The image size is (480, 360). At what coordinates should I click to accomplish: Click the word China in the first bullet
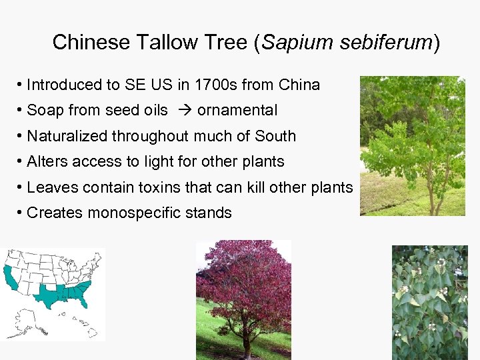[299, 85]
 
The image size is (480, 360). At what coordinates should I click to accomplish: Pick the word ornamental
[237, 111]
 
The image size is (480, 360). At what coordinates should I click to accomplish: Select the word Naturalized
[67, 136]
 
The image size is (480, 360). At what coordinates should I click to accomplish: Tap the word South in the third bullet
[275, 136]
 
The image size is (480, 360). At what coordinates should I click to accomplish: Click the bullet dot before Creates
[21, 213]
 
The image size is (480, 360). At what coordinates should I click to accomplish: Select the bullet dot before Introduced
[21, 85]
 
